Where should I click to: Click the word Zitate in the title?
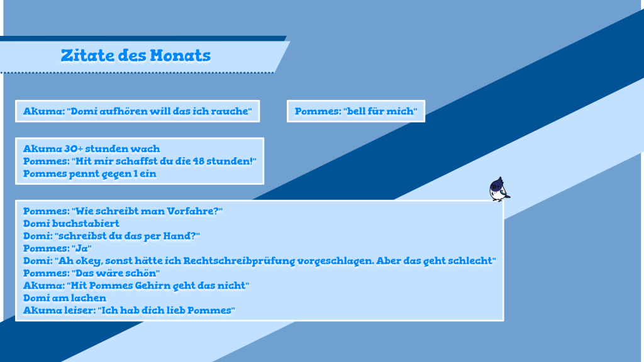click(x=87, y=55)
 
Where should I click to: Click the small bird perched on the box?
click(x=499, y=189)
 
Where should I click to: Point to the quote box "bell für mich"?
click(x=356, y=111)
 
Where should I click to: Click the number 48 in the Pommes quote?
click(x=198, y=161)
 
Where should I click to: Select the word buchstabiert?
click(x=86, y=223)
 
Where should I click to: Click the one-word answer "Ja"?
click(x=84, y=248)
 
